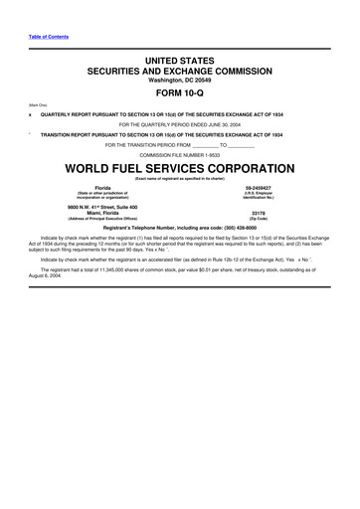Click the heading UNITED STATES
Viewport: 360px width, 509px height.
coord(179,61)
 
